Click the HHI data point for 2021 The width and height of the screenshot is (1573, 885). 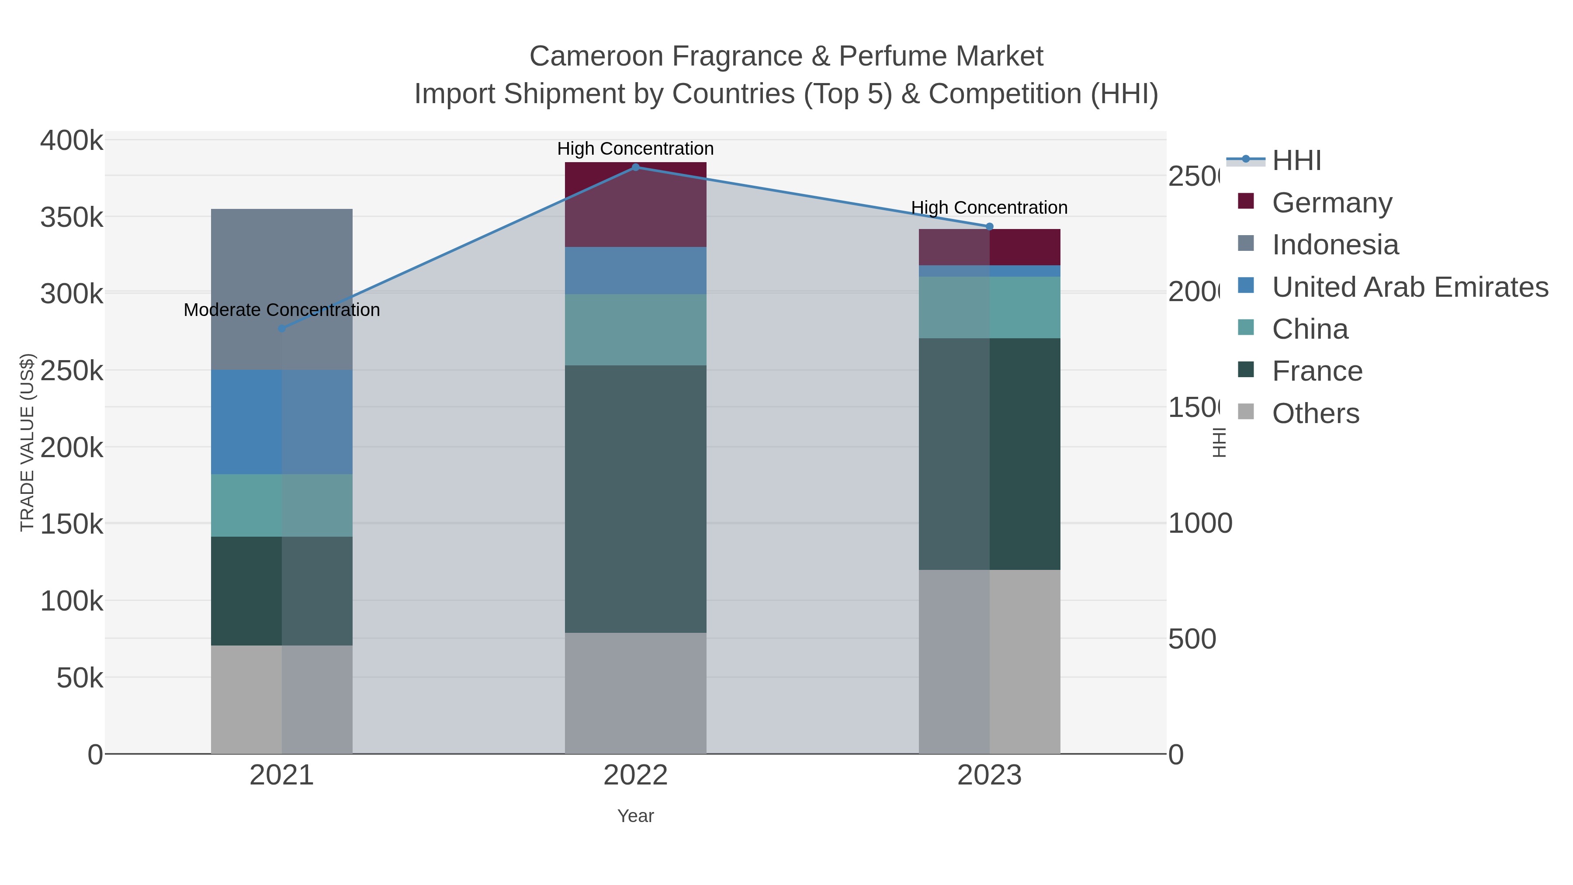pyautogui.click(x=281, y=329)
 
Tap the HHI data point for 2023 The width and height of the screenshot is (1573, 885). pyautogui.click(x=989, y=226)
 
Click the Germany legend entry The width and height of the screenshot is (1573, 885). pyautogui.click(x=1331, y=203)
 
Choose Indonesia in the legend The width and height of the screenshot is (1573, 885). pyautogui.click(x=1335, y=245)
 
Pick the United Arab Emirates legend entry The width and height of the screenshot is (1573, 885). pyautogui.click(x=1409, y=287)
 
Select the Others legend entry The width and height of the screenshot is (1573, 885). pyautogui.click(x=1315, y=413)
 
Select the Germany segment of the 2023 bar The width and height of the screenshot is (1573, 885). pyautogui.click(x=989, y=247)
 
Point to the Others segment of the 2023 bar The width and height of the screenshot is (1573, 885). pyautogui.click(x=989, y=662)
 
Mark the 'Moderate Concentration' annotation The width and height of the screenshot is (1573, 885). pyautogui.click(x=281, y=310)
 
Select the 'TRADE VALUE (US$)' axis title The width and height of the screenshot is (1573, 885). pyautogui.click(x=28, y=442)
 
